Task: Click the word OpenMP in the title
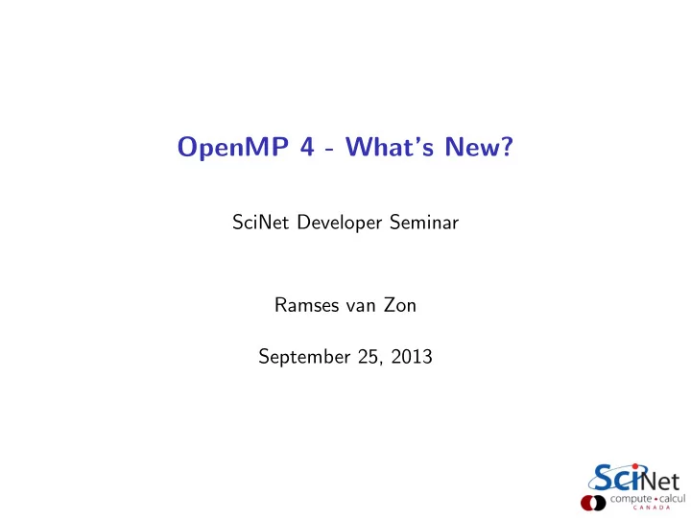pos(232,148)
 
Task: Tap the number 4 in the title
pos(307,146)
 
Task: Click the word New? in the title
pos(479,146)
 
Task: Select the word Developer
pos(340,223)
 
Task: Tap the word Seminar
pos(424,222)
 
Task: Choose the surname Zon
pos(399,305)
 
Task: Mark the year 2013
pos(412,357)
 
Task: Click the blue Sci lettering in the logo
pos(616,478)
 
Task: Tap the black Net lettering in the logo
pos(661,482)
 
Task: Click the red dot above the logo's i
pos(635,466)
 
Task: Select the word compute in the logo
pos(631,499)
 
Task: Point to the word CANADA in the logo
pos(652,507)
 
